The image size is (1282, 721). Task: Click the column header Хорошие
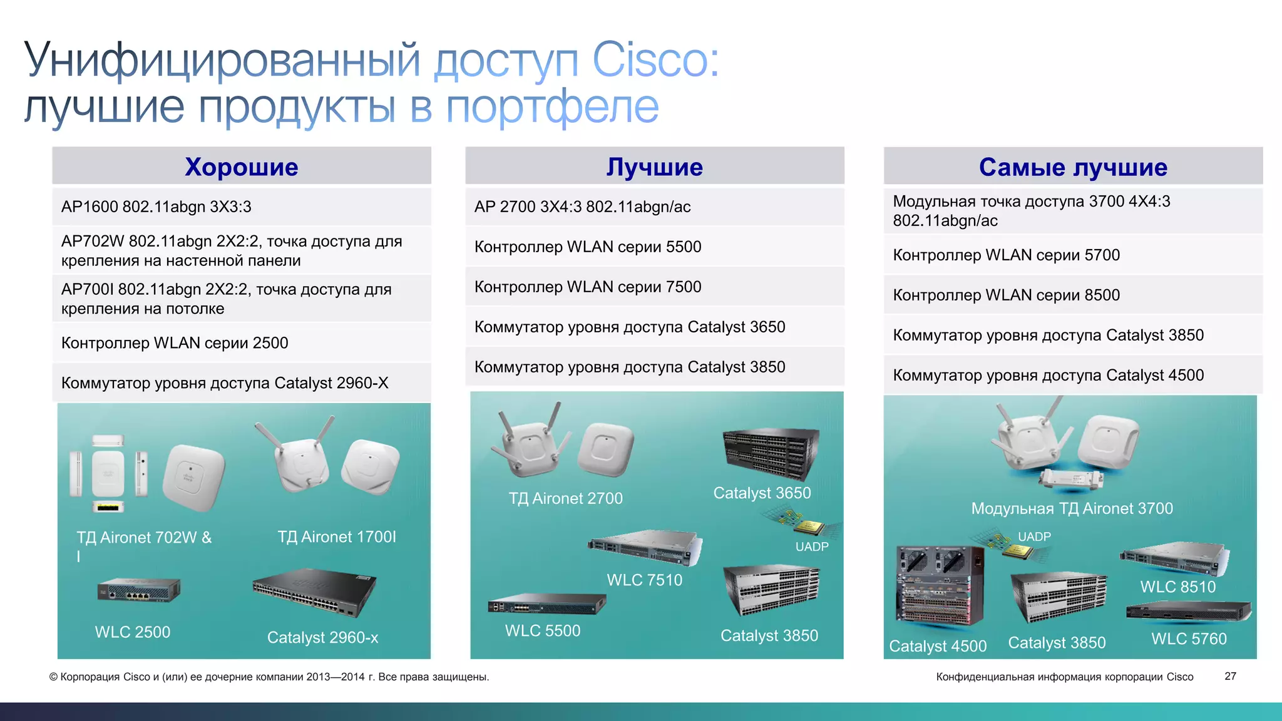[242, 167]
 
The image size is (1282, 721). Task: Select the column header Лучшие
[654, 167]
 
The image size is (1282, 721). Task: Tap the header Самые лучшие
[1073, 167]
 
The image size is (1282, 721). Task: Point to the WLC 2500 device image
[138, 590]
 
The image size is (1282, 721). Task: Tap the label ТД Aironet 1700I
[337, 537]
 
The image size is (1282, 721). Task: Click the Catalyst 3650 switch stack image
[771, 453]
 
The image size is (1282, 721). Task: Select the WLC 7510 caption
[644, 580]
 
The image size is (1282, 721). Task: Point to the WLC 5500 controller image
[546, 605]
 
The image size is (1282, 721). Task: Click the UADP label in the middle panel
[812, 546]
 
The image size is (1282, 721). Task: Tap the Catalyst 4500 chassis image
[938, 585]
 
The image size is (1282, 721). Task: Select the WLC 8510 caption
[1177, 587]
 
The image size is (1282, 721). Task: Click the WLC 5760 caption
[1189, 639]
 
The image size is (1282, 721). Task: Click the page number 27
[1230, 676]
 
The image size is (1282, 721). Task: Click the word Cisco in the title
[655, 61]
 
